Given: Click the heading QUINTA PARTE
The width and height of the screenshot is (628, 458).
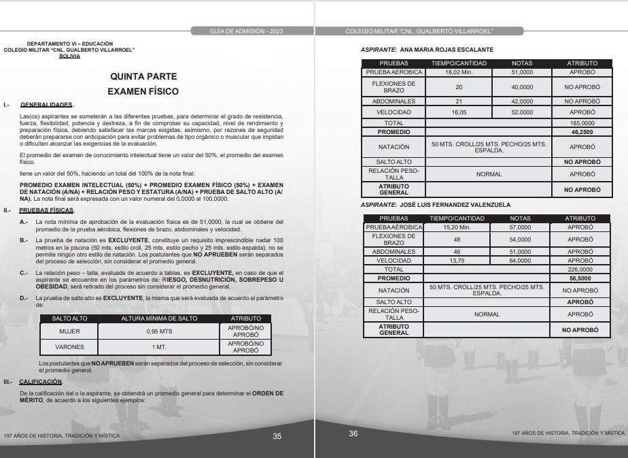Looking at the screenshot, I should (x=143, y=77).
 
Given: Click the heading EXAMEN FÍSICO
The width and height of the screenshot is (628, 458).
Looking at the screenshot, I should (x=143, y=91).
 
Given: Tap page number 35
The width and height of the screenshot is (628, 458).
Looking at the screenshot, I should (x=277, y=436).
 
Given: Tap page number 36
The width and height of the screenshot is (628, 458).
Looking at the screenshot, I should (x=353, y=434).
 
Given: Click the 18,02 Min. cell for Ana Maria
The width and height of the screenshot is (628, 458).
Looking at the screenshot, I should (x=459, y=71).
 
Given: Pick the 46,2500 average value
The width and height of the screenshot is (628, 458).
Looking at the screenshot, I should (x=582, y=132).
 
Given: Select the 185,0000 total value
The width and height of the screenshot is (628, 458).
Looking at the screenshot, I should (x=582, y=123).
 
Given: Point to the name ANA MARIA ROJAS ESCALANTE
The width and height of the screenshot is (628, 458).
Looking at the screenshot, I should (x=445, y=50).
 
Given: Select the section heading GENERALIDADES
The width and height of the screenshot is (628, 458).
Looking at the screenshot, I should (x=46, y=105).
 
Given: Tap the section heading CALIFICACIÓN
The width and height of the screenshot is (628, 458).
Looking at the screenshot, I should (x=41, y=382).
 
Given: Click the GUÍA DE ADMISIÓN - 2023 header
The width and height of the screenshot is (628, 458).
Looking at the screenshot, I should (x=243, y=31).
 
